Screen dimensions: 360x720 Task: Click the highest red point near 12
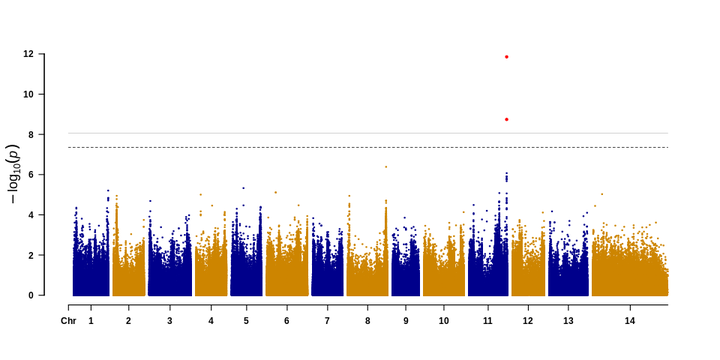click(507, 57)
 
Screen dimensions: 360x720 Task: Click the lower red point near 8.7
click(507, 119)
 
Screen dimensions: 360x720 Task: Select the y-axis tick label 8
click(32, 134)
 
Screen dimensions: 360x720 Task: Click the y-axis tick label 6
click(32, 175)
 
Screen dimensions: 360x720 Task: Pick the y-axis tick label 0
click(32, 295)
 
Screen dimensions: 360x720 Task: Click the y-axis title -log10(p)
click(12, 175)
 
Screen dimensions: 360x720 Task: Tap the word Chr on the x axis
click(68, 321)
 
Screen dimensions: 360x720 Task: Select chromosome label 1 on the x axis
click(91, 321)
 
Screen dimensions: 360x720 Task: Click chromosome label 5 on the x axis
click(246, 321)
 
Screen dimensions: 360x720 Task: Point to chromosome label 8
click(368, 321)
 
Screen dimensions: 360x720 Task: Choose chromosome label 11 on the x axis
click(488, 321)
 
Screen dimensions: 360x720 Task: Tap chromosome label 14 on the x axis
click(629, 321)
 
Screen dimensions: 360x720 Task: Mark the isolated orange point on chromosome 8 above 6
click(386, 167)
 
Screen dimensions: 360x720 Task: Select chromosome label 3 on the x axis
click(169, 321)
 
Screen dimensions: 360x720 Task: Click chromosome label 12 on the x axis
click(528, 321)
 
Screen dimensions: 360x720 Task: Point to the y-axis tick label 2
click(32, 255)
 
